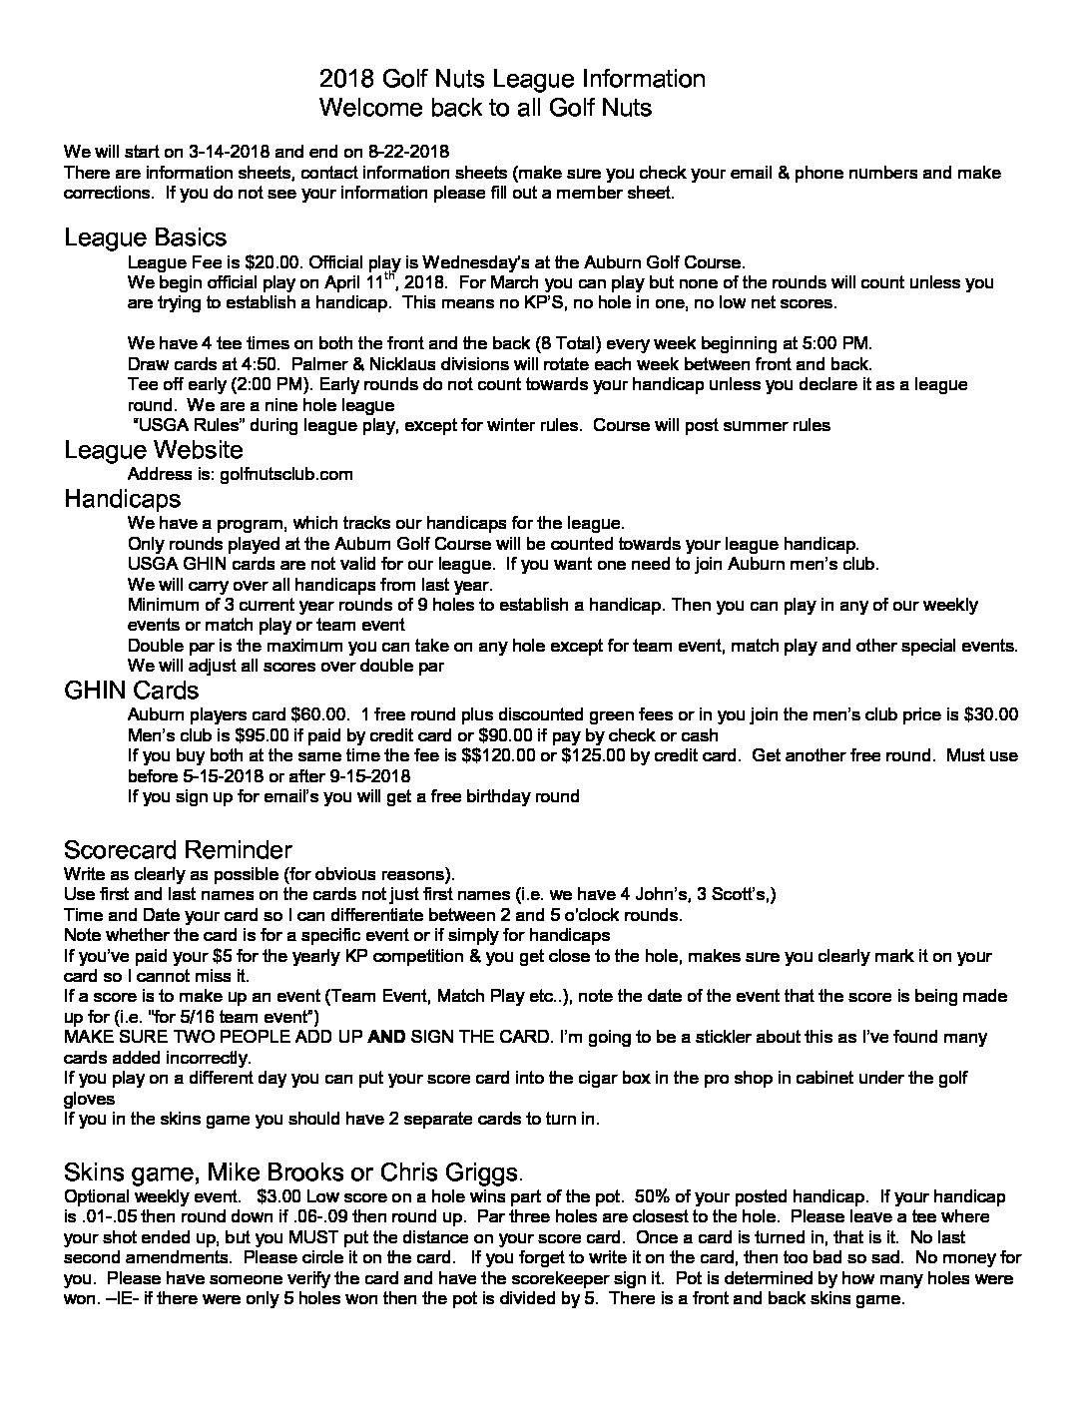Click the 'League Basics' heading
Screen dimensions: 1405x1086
point(145,237)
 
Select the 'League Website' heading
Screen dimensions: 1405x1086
point(153,450)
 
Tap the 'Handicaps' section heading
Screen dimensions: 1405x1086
point(122,498)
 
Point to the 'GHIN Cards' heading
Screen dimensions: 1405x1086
point(131,691)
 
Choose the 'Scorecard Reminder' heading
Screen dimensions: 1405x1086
point(177,850)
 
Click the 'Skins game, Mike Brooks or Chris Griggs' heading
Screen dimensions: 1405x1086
point(290,1171)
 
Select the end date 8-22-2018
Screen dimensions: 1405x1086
point(407,152)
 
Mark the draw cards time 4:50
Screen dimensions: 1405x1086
point(255,363)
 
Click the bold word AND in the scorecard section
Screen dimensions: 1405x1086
point(385,1037)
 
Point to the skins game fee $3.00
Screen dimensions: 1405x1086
point(280,1195)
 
